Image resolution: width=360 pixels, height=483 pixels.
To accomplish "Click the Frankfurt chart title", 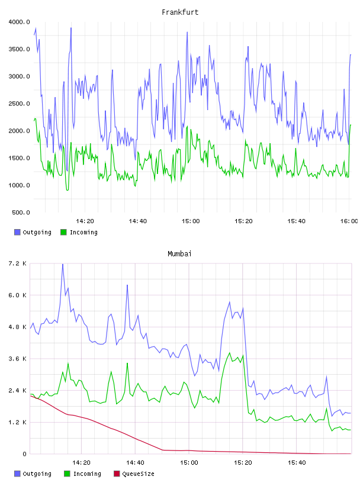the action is point(180,12).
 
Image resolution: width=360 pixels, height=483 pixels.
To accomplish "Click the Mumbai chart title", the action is point(179,254).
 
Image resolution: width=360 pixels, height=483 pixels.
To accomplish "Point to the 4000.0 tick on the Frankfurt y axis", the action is point(19,22).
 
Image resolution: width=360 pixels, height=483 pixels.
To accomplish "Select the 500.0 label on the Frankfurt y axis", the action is point(21,212).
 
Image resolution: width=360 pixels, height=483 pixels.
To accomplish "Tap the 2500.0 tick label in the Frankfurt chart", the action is point(19,104).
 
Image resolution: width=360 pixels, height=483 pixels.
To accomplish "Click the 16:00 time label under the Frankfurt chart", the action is point(349,221).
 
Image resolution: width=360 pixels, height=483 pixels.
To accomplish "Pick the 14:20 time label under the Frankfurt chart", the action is point(85,221).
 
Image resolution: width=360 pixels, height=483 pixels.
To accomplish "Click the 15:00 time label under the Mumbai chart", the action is point(189,463).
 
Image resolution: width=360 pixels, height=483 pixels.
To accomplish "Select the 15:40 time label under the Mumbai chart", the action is point(297,463).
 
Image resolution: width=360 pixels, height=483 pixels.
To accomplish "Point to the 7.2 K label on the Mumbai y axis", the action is point(18,263).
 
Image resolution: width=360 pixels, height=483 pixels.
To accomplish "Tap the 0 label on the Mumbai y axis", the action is point(25,454).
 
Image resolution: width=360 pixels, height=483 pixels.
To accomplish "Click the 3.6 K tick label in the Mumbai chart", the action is point(18,359).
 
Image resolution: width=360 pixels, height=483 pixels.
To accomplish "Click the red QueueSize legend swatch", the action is point(117,474).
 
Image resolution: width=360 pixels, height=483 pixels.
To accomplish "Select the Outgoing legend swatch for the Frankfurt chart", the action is point(17,232).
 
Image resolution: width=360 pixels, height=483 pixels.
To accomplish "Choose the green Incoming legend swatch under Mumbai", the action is point(67,474).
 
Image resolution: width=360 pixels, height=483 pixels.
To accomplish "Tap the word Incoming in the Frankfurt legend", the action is point(83,232).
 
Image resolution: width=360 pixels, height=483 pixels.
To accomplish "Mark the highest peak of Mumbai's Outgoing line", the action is point(63,265).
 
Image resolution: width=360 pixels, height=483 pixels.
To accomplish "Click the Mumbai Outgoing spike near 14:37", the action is point(127,285).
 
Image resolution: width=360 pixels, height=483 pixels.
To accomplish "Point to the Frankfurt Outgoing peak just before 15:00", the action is point(187,32).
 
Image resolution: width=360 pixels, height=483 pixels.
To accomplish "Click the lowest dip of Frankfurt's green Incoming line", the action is point(67,190).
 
